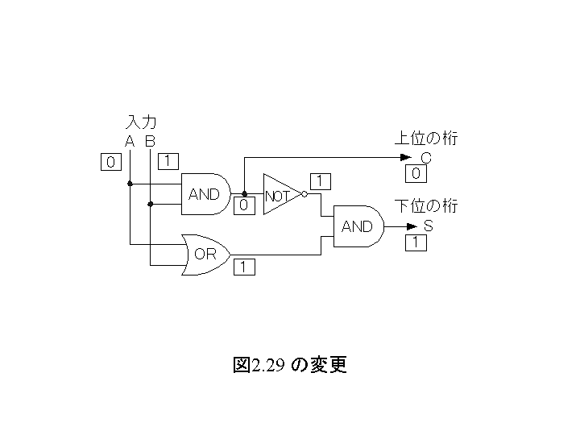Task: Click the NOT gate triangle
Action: [x=282, y=194]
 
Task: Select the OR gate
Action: [x=205, y=255]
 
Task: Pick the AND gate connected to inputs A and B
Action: [x=205, y=194]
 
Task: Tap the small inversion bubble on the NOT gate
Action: [x=304, y=194]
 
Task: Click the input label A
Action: [x=130, y=141]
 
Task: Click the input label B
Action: [x=150, y=141]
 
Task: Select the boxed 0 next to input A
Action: [x=111, y=162]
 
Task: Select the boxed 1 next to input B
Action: [x=168, y=161]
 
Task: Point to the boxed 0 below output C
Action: [x=416, y=173]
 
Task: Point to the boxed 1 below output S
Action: [x=416, y=242]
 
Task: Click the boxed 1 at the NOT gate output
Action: [x=321, y=181]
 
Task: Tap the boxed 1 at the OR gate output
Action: [x=244, y=267]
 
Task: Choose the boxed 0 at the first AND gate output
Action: [x=244, y=205]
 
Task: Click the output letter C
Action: [x=426, y=159]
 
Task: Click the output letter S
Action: [x=428, y=226]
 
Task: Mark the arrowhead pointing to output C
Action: [x=406, y=158]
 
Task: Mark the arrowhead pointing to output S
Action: [x=412, y=226]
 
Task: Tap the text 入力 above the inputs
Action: [x=141, y=122]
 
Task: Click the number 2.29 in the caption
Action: [x=268, y=366]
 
